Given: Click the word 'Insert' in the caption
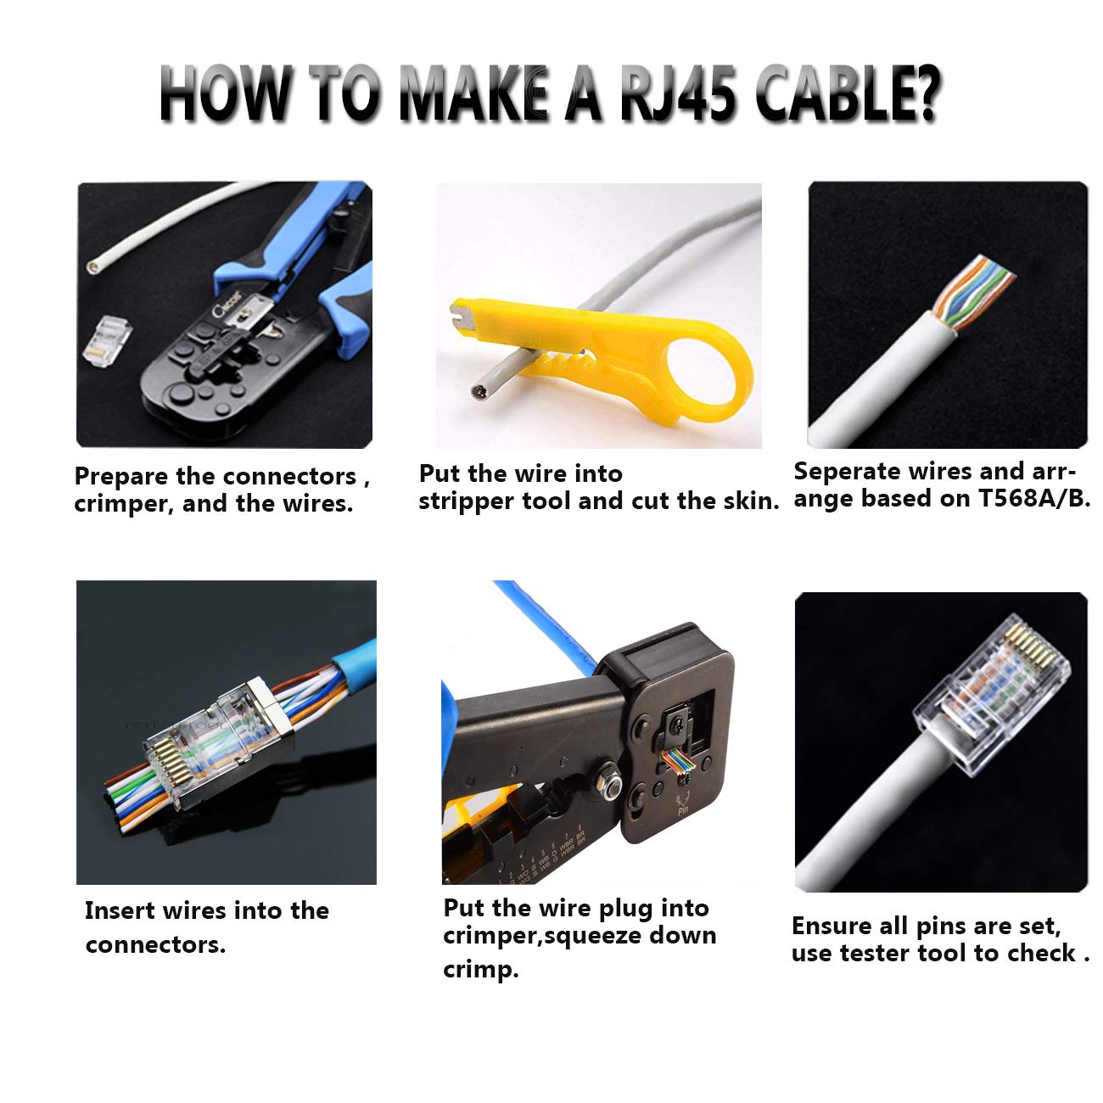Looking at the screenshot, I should pyautogui.click(x=120, y=911).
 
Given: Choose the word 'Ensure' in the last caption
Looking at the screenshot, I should pyautogui.click(x=831, y=926).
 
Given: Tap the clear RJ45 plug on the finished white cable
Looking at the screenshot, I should pyautogui.click(x=993, y=687).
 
